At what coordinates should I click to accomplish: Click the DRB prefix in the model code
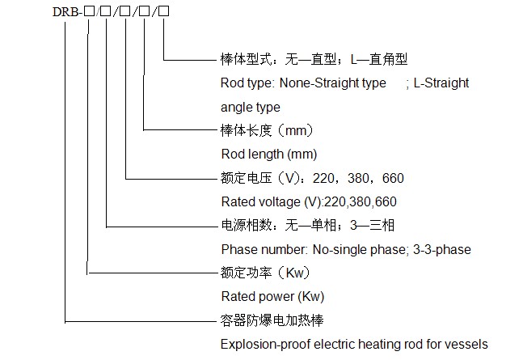(65, 12)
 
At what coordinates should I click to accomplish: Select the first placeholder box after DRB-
(89, 11)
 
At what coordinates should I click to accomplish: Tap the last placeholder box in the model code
(164, 11)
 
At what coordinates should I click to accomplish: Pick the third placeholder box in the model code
(125, 11)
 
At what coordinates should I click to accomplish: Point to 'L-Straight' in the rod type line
(441, 83)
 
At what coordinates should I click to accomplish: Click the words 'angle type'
(251, 108)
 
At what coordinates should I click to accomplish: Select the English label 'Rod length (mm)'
(269, 155)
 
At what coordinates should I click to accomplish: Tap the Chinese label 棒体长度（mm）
(267, 130)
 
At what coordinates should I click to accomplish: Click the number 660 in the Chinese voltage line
(393, 178)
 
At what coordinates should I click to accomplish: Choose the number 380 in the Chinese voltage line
(358, 178)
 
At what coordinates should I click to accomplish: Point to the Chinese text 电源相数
(247, 226)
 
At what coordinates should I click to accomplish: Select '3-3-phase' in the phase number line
(442, 250)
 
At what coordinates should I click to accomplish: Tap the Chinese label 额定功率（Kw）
(265, 273)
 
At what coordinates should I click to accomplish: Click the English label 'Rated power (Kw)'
(272, 297)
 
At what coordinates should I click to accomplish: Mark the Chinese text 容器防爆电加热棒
(272, 320)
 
